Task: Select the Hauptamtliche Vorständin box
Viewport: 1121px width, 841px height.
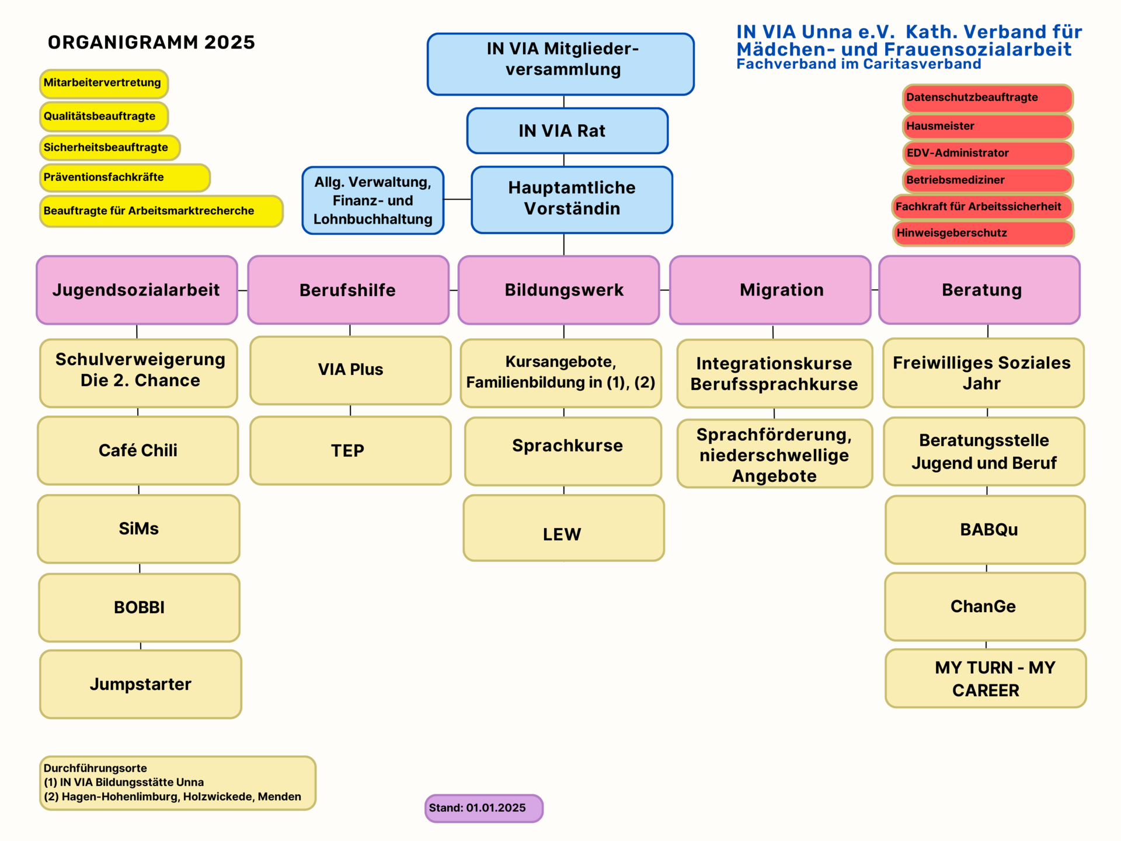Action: (572, 199)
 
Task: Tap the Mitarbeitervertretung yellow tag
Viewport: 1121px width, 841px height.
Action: (103, 84)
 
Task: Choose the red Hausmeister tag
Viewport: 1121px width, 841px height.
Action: (987, 126)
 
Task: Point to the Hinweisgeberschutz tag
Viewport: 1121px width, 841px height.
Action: (983, 233)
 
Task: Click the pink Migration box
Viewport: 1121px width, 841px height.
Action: (770, 290)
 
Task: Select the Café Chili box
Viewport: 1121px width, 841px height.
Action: (138, 450)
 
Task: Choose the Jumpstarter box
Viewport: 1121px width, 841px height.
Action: (140, 684)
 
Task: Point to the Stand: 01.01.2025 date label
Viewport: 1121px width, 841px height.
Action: (483, 808)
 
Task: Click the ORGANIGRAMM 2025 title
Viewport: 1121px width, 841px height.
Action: (151, 43)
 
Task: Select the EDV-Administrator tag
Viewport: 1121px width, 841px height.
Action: (987, 153)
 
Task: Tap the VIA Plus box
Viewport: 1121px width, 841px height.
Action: (350, 370)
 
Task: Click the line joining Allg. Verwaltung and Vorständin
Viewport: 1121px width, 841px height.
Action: (457, 199)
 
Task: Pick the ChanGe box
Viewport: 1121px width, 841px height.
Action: (984, 606)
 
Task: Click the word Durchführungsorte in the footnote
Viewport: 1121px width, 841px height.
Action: (95, 769)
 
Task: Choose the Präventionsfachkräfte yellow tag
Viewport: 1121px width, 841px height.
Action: (124, 178)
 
